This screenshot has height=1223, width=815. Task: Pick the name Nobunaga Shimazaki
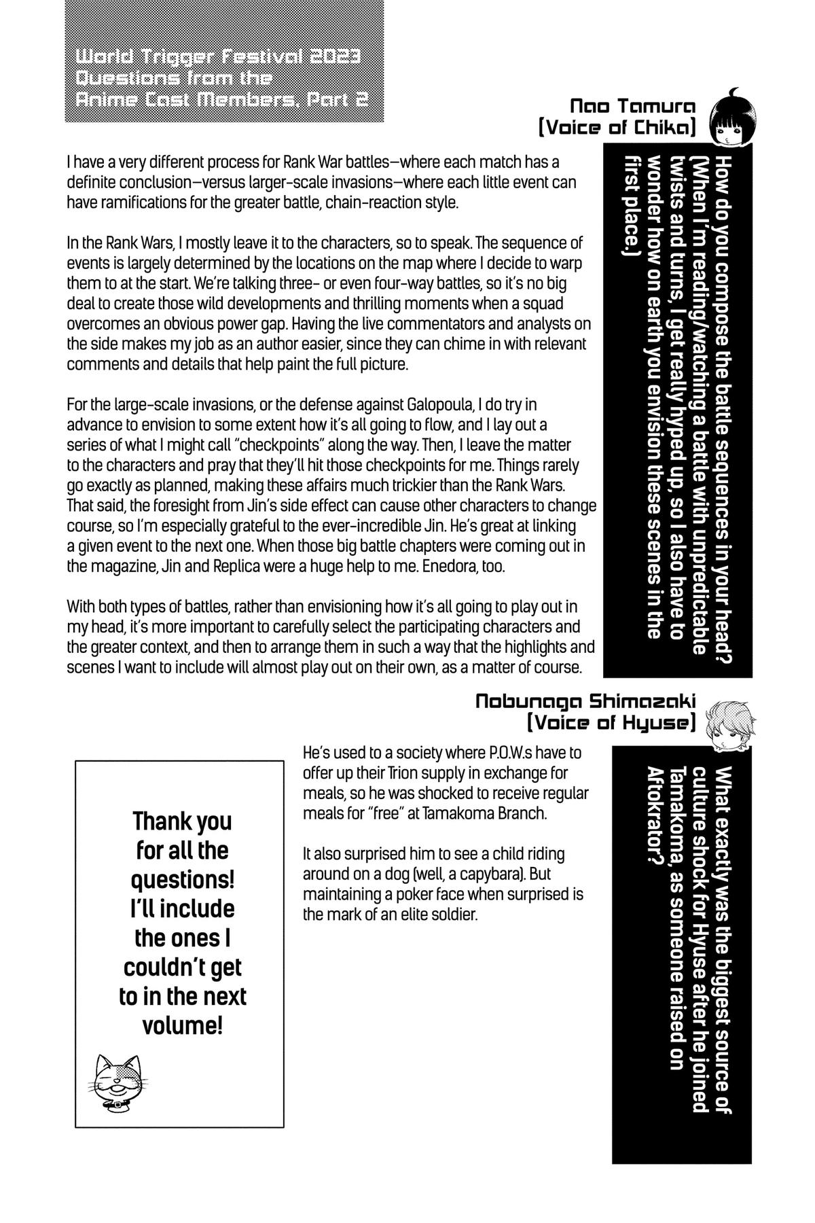coord(585,701)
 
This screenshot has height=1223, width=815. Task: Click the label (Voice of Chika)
coord(617,128)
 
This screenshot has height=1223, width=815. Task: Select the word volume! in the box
coord(182,1026)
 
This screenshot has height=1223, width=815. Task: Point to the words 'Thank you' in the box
coord(182,821)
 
